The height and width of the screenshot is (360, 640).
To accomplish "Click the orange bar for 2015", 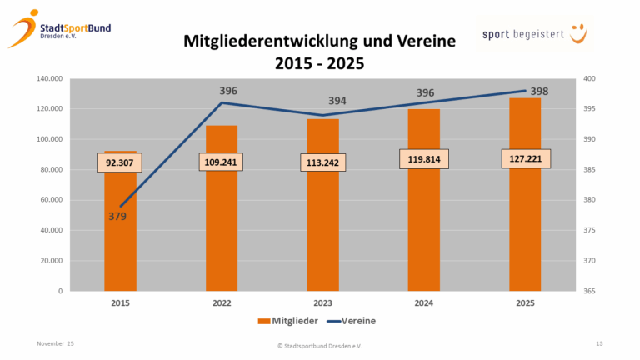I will (121, 250).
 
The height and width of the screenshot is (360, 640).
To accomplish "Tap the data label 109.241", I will (222, 162).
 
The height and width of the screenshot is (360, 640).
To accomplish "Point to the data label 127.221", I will (525, 158).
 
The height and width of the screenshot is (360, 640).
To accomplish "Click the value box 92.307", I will (121, 162).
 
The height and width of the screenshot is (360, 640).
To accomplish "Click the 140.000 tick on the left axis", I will (48, 79).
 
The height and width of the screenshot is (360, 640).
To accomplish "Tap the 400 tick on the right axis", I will (590, 79).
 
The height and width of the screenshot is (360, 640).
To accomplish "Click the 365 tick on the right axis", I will (590, 291).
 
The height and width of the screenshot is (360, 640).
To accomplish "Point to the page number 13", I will (599, 343).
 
